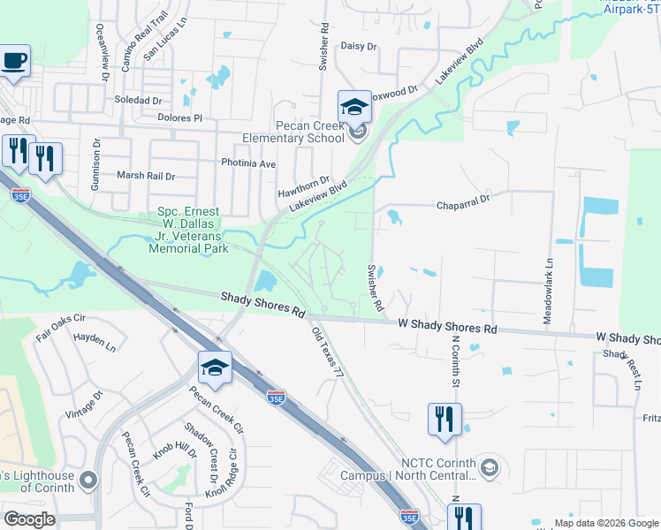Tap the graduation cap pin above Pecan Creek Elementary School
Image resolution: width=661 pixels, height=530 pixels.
pyautogui.click(x=354, y=109)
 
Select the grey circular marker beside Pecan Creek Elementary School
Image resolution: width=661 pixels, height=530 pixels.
pyautogui.click(x=358, y=133)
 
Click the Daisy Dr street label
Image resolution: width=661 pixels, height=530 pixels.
pyautogui.click(x=358, y=46)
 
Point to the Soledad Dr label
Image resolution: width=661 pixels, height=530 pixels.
pyautogui.click(x=138, y=101)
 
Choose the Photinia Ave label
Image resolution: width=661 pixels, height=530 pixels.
pyautogui.click(x=248, y=164)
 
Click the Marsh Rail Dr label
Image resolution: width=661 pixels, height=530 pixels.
pyautogui.click(x=146, y=176)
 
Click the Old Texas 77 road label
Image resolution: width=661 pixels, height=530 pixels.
pyautogui.click(x=327, y=353)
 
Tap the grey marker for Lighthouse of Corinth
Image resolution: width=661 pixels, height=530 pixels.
pyautogui.click(x=87, y=480)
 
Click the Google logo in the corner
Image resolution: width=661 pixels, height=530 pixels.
pyautogui.click(x=30, y=519)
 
